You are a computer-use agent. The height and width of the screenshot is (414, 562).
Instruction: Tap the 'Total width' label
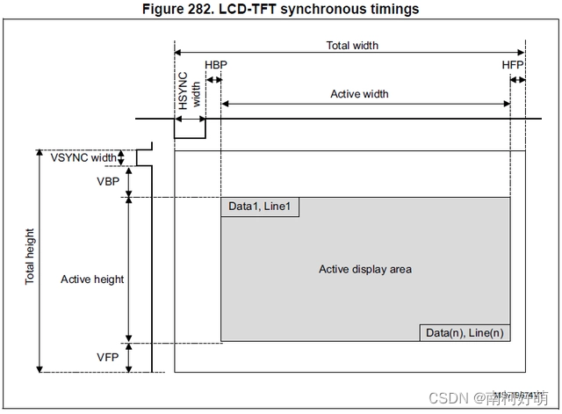point(352,45)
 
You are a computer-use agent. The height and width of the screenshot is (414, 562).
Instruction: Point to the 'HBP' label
point(214,65)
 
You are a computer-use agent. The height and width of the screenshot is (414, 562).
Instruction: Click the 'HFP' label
point(513,65)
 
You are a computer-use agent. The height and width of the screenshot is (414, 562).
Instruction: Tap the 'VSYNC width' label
point(89,158)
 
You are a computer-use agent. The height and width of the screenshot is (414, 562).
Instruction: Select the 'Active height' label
point(92,280)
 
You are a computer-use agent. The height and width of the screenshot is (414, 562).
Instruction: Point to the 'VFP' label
point(110,357)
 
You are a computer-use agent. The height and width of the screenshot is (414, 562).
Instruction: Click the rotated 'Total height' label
point(30,257)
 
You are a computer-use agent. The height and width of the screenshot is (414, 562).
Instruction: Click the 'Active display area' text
point(364,269)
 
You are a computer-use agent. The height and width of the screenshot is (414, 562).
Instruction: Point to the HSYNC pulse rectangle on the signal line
point(190,128)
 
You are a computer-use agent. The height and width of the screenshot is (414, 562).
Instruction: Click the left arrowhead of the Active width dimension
point(225,104)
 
